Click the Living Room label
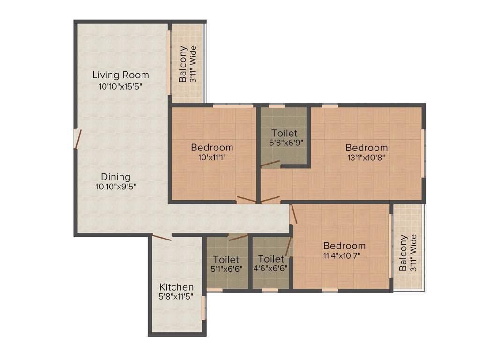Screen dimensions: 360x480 (120, 75)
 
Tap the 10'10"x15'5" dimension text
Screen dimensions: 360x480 (120, 86)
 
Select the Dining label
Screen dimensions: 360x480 (116, 177)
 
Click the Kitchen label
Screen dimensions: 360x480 (176, 287)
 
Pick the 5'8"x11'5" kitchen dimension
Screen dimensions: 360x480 (176, 297)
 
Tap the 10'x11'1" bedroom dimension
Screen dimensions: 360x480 (212, 157)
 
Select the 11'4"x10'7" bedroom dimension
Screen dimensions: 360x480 (345, 255)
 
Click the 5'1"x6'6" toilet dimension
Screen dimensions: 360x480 (226, 269)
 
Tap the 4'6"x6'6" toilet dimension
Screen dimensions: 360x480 (270, 269)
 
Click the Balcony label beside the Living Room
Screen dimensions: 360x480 (184, 64)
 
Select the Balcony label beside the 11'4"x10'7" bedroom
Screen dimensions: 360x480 (403, 254)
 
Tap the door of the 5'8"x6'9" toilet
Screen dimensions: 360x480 (270, 164)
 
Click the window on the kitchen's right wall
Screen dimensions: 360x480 (203, 307)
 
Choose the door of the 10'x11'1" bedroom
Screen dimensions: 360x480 (246, 200)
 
